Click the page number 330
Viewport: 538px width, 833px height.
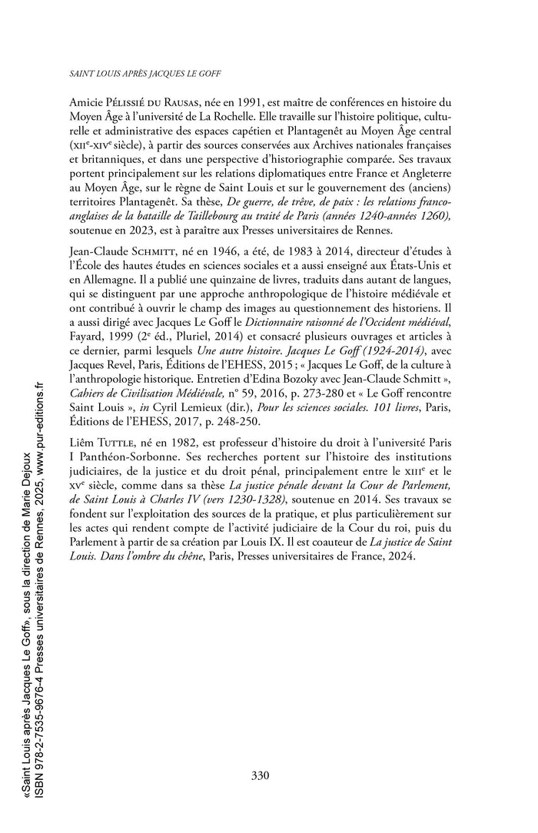[x=260, y=774]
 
